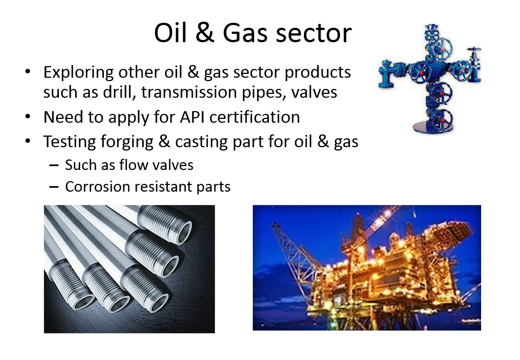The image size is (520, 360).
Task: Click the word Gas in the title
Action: tap(245, 33)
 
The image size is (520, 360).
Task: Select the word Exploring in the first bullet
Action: tap(78, 73)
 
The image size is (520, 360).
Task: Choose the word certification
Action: tap(254, 117)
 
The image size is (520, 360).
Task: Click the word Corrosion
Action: tap(98, 187)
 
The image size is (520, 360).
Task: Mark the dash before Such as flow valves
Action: tap(54, 166)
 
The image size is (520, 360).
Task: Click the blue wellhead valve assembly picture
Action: tap(430, 78)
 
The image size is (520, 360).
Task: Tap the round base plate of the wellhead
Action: tap(432, 127)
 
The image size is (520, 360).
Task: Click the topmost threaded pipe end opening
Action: tap(184, 233)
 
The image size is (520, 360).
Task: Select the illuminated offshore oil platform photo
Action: tap(367, 268)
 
